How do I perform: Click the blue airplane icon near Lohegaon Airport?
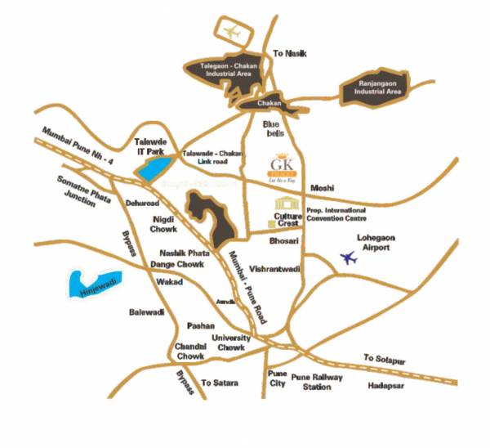(x=350, y=259)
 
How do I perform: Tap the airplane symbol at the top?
(x=234, y=34)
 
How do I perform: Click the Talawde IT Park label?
(x=149, y=146)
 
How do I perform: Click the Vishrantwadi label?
(x=277, y=268)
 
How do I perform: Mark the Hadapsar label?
(x=385, y=385)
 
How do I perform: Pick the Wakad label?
(x=169, y=283)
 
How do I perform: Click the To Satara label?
(x=218, y=382)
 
